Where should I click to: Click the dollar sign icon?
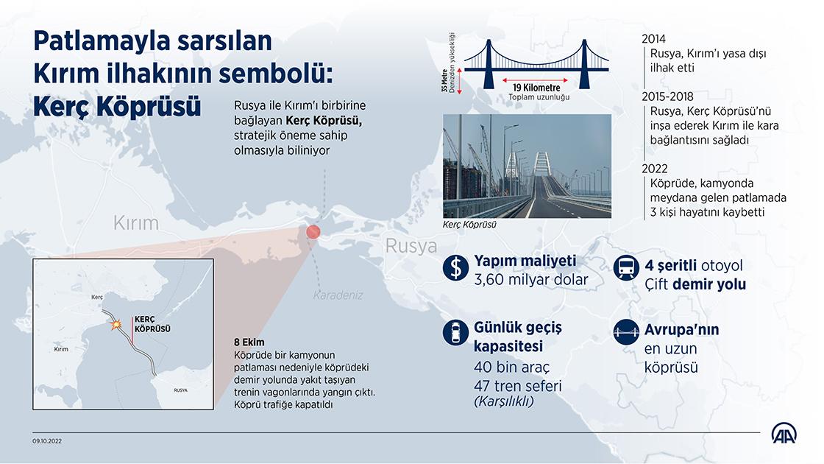(455, 267)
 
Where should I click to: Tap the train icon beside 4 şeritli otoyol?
(626, 267)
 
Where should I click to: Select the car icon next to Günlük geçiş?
(455, 332)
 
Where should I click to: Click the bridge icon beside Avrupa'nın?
(626, 332)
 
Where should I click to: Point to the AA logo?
(784, 434)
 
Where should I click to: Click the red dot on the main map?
(313, 232)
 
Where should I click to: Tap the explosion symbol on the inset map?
(116, 325)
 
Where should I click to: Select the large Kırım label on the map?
(135, 223)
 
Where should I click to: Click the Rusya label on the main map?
(411, 246)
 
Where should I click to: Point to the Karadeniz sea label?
(338, 295)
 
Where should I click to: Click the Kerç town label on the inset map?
(97, 298)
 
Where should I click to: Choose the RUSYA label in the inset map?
(180, 390)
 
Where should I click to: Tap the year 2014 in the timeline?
(654, 39)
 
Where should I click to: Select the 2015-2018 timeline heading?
(667, 96)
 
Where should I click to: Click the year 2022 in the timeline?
(655, 169)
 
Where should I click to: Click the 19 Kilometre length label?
(536, 88)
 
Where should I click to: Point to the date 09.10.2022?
(47, 441)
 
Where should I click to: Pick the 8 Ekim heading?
(249, 342)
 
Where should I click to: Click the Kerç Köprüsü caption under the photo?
(469, 225)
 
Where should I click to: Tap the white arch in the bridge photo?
(542, 164)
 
